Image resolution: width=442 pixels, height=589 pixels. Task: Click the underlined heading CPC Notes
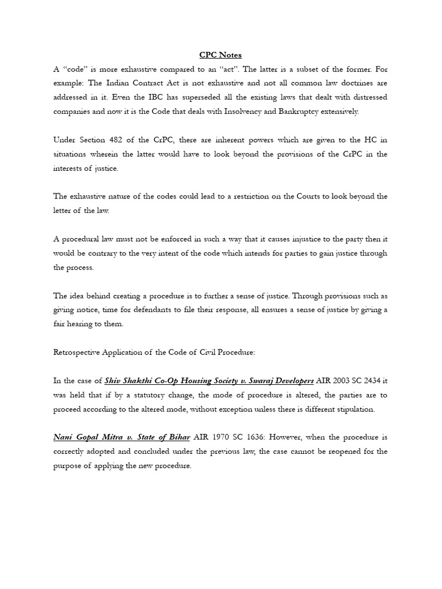pos(220,55)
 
